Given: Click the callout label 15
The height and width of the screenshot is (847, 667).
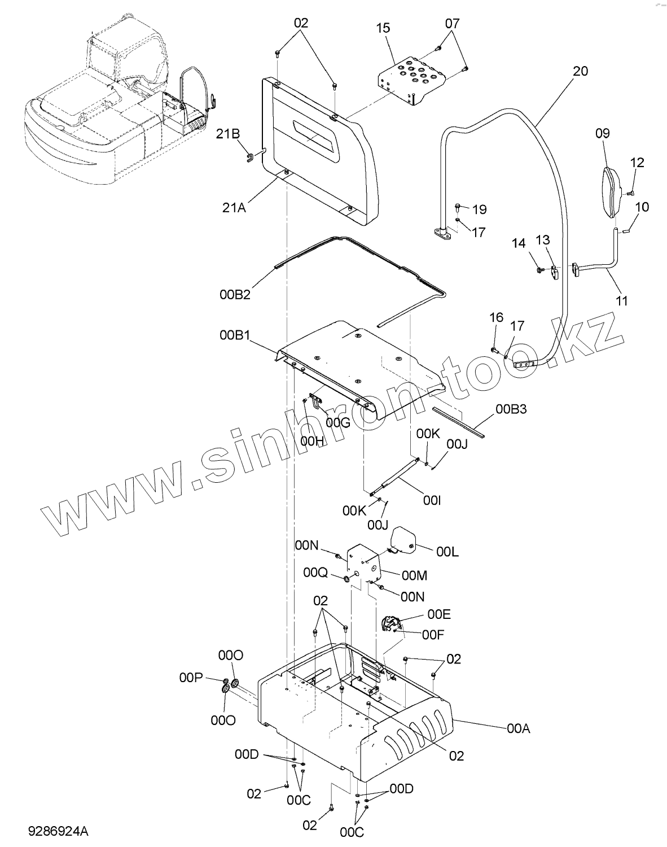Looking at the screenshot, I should pyautogui.click(x=383, y=28).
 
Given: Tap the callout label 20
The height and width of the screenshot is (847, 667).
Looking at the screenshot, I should pyautogui.click(x=580, y=71).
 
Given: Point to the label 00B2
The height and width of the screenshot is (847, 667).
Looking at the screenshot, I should pyautogui.click(x=235, y=294).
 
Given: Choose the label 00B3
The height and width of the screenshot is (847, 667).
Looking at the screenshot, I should pyautogui.click(x=511, y=409).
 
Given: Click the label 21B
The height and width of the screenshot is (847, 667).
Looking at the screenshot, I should pyautogui.click(x=227, y=133).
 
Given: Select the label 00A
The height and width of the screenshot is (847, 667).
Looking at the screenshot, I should pyautogui.click(x=519, y=729).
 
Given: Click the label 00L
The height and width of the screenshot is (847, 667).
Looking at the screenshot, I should pyautogui.click(x=447, y=552).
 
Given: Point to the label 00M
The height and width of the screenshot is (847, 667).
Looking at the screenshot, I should pyautogui.click(x=414, y=575).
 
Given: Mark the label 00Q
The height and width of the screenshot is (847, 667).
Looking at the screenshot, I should pyautogui.click(x=315, y=573).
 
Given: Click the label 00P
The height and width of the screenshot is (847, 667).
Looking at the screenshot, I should pyautogui.click(x=191, y=678).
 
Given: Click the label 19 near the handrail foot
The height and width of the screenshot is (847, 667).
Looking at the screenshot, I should pyautogui.click(x=479, y=209).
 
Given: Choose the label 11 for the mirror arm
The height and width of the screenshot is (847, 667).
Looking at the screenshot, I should pyautogui.click(x=621, y=301).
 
